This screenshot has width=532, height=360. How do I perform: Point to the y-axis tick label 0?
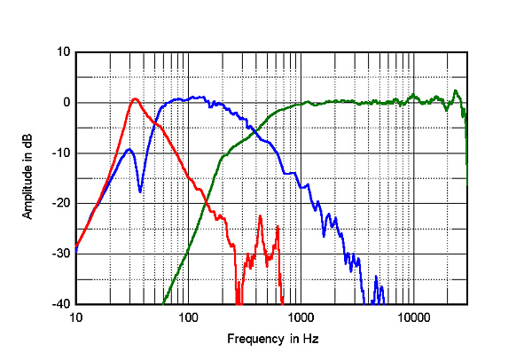click(65, 102)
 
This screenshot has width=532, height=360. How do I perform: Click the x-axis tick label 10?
click(76, 317)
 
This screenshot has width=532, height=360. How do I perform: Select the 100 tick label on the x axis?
click(188, 317)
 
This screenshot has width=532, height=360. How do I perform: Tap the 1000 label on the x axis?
click(301, 317)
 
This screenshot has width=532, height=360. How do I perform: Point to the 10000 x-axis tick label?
click(412, 317)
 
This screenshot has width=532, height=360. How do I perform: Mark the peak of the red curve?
click(135, 98)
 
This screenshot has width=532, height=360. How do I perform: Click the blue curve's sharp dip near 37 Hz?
click(140, 191)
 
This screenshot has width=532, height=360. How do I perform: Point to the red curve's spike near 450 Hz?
click(261, 216)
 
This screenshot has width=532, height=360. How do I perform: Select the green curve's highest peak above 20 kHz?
click(456, 90)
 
